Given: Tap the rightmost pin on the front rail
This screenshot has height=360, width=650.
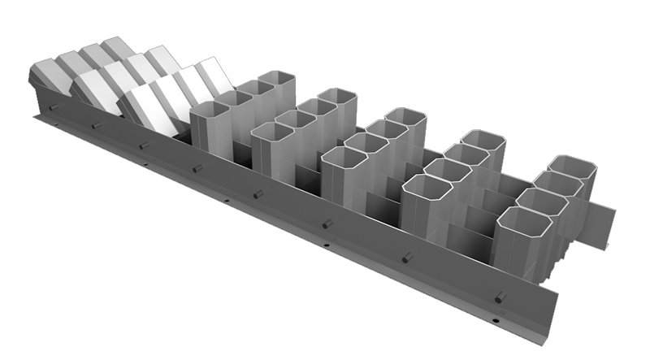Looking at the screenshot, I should click(500, 297).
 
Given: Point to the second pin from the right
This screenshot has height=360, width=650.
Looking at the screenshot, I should click(407, 258).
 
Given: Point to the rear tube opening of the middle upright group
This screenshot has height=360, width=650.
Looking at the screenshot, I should click(405, 117).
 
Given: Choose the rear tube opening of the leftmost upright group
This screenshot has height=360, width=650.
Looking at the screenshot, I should click(275, 79).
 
